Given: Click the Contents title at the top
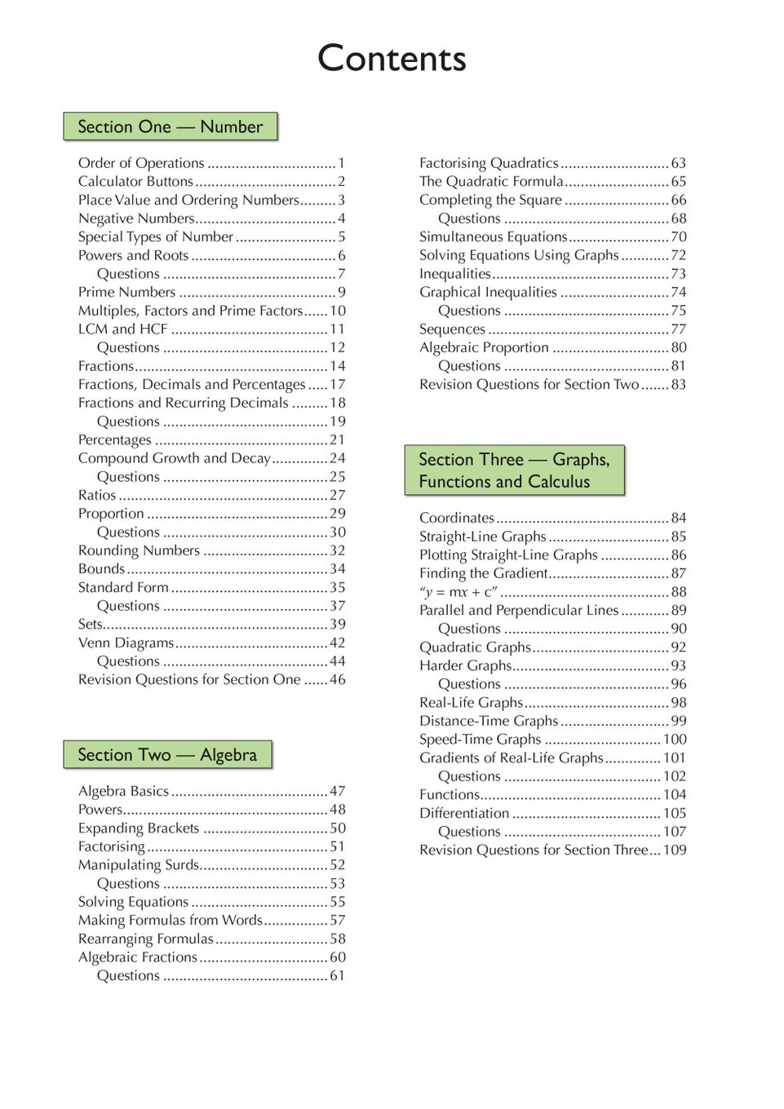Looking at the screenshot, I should (x=392, y=59).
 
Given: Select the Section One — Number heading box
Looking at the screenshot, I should (x=171, y=126).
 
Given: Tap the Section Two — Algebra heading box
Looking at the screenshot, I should (x=167, y=754).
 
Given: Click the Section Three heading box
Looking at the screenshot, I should (x=514, y=471).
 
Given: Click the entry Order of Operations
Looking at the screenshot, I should (x=141, y=163).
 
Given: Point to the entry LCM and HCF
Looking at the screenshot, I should (x=123, y=329).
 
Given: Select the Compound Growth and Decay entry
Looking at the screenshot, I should (x=174, y=458).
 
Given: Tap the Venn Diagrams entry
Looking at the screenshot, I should (x=126, y=643).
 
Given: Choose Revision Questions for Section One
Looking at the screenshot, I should (x=189, y=679).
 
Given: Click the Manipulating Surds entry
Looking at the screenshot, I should (x=139, y=864).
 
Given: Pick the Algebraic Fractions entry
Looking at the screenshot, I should (x=138, y=957).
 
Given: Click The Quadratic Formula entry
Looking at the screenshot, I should (x=491, y=181).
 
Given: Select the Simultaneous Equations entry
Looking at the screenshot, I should (x=493, y=236).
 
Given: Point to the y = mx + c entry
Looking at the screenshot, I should (x=458, y=592).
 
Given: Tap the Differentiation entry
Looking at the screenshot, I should (x=464, y=813).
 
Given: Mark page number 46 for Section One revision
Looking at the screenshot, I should (x=338, y=679).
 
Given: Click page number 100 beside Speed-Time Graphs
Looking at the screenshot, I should (x=675, y=739).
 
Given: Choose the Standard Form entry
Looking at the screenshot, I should (x=123, y=587).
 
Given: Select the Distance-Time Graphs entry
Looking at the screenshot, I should (x=489, y=721).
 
